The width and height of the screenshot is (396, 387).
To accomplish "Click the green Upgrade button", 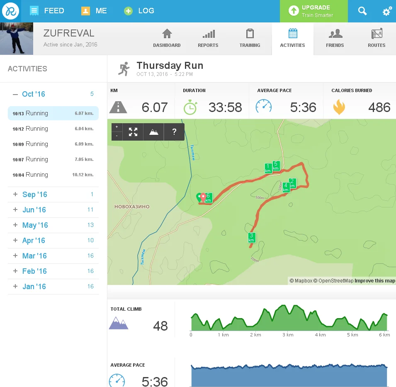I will (313, 11).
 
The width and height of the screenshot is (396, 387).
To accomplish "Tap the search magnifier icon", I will (362, 11).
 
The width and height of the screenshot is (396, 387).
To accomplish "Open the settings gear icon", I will (387, 12).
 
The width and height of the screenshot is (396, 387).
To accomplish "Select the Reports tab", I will (208, 39).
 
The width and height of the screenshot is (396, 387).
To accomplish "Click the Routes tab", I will (376, 39).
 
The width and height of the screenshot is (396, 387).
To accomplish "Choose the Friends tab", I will (335, 39).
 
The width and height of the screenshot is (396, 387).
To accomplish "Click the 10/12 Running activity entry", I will (53, 129).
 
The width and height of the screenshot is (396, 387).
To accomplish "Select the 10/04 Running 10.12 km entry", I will (53, 175).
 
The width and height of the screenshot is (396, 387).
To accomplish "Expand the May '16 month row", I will (35, 225).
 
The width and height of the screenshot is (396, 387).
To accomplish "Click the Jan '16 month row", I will (34, 287).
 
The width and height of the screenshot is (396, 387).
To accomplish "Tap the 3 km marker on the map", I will (251, 238).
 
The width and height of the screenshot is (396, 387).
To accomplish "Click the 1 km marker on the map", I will (268, 168).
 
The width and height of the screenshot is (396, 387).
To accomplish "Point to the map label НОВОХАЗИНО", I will (131, 207).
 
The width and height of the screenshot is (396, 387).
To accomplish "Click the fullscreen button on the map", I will (133, 132).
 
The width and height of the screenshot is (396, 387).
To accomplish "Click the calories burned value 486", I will (379, 107).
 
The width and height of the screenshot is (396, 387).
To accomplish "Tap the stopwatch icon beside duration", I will (190, 107).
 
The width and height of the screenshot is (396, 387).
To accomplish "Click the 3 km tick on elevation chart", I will (287, 335).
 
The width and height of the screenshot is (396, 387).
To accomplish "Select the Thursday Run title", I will (170, 66).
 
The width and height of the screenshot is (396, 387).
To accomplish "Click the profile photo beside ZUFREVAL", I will (17, 39).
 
